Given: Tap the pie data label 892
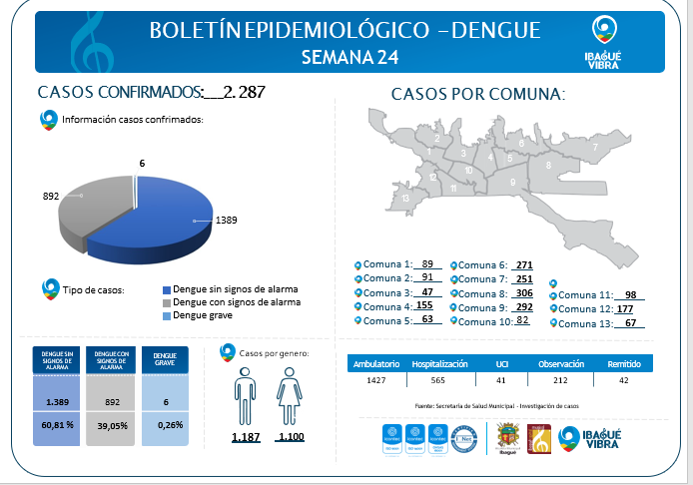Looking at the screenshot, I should [51, 197].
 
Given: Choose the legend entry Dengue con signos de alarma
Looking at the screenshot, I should [236, 302].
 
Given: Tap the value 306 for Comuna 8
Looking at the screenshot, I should [522, 293].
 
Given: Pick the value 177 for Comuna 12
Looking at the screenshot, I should [626, 309].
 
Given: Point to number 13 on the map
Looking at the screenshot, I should [405, 198].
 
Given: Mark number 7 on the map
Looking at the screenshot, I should [595, 148].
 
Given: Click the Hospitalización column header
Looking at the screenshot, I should [439, 364].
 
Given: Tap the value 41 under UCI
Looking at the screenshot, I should [502, 381].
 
